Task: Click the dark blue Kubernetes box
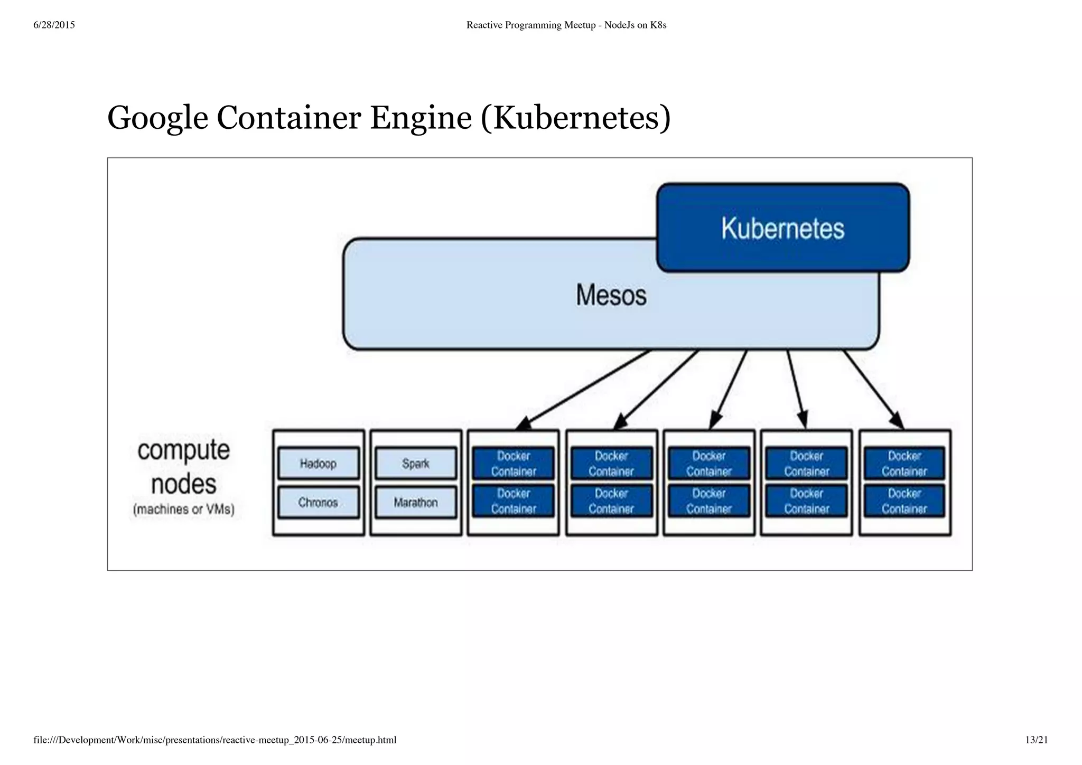(x=782, y=228)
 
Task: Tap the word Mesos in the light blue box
(x=611, y=295)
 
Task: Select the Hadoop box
(x=318, y=464)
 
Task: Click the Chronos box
(x=318, y=502)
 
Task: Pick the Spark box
(x=416, y=464)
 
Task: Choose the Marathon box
(x=416, y=502)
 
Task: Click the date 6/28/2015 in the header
(x=54, y=25)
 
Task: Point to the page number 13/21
(x=1036, y=740)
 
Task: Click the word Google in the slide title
(x=157, y=118)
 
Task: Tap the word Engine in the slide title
(x=421, y=118)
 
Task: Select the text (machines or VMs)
(x=184, y=509)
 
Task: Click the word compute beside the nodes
(x=184, y=450)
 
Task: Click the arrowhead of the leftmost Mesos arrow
(x=524, y=424)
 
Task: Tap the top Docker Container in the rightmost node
(x=904, y=464)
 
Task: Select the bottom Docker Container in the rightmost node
(x=904, y=501)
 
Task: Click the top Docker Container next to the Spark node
(x=513, y=464)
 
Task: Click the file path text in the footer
(x=214, y=740)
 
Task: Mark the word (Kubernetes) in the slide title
(x=576, y=118)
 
